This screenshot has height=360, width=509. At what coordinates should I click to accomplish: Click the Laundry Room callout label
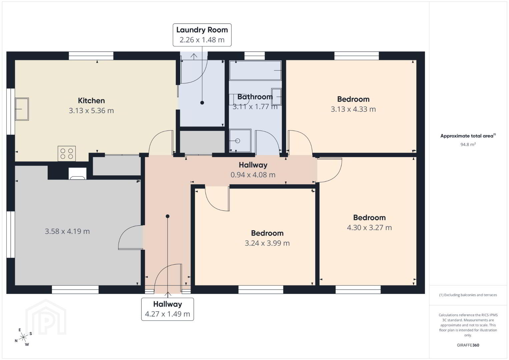(202, 35)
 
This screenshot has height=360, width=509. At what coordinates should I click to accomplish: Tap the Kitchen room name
(91, 101)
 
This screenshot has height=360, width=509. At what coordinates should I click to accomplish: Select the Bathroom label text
(255, 97)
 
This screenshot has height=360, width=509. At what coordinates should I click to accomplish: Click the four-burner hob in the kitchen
(67, 154)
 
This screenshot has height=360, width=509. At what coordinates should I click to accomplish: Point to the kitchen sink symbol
(22, 109)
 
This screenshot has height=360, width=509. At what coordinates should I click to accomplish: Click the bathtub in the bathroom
(255, 70)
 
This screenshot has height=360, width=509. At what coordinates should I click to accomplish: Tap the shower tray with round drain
(240, 141)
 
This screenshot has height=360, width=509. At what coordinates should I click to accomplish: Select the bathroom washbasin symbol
(276, 97)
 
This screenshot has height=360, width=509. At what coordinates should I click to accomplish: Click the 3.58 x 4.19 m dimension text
(67, 231)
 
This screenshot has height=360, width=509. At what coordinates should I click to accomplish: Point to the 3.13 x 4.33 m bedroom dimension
(353, 109)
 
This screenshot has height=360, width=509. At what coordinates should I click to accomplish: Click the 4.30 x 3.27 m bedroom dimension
(369, 228)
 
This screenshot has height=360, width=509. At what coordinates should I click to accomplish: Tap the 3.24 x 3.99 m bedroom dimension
(267, 243)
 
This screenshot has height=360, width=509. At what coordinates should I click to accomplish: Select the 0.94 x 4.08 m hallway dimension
(253, 175)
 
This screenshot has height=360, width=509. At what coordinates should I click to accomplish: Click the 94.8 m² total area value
(468, 144)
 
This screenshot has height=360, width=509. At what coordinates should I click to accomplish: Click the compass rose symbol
(23, 338)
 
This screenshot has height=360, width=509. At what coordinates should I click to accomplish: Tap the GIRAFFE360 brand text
(468, 345)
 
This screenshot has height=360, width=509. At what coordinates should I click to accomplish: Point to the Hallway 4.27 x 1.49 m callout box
(167, 309)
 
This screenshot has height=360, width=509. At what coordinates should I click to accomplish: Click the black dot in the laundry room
(202, 103)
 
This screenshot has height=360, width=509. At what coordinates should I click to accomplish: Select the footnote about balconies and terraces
(468, 295)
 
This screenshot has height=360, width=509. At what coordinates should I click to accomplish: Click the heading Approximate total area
(468, 136)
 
